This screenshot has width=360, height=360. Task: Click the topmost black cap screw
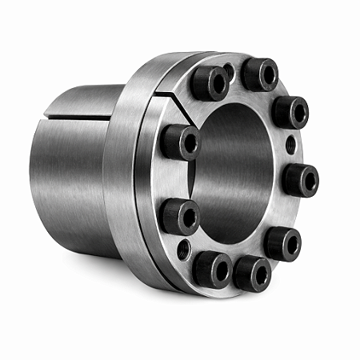click(x=260, y=74)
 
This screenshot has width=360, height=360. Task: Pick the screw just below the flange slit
click(x=180, y=142)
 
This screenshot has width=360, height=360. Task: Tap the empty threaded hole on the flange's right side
click(x=290, y=145)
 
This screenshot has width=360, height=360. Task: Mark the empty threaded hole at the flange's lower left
click(x=184, y=249)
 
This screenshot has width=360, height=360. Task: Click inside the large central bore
click(x=236, y=176)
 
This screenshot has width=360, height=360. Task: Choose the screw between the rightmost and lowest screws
click(x=282, y=242)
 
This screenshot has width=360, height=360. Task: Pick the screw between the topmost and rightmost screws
click(x=290, y=111)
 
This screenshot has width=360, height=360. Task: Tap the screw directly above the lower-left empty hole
click(x=179, y=215)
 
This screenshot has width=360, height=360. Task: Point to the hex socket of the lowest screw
click(x=258, y=274)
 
